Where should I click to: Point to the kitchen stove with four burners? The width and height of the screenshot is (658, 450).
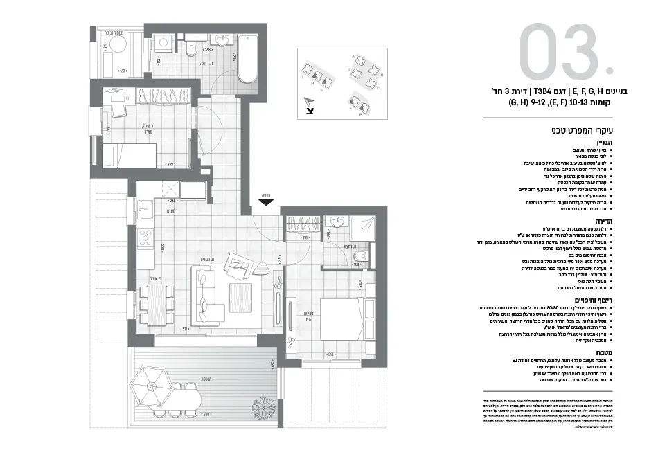point(145,237)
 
